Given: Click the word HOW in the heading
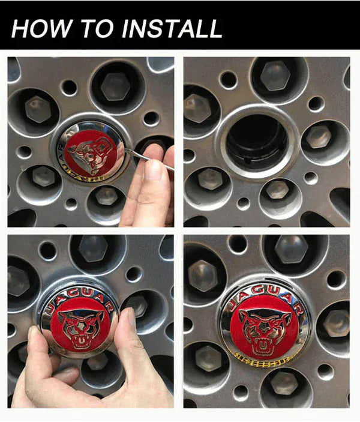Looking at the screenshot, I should click(x=39, y=28).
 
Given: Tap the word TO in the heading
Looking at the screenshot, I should click(x=89, y=28).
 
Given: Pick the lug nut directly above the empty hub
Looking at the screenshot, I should click(x=275, y=77).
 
